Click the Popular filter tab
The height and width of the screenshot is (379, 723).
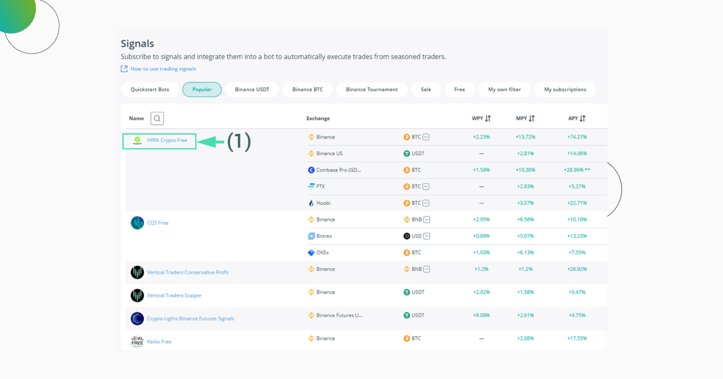coord(202,90)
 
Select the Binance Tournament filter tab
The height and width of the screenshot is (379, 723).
coord(372,90)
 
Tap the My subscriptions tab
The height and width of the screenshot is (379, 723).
coord(565,90)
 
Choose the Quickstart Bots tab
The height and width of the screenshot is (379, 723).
coord(150,90)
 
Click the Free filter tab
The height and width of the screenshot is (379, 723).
coord(459,90)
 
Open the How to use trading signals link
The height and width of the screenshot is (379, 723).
coord(163,69)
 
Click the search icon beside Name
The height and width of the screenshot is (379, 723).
coord(157,119)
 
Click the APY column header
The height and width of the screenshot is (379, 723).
coord(577,119)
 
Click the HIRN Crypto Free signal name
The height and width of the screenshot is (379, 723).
coord(167,141)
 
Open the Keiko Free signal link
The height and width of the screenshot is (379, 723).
coord(159,342)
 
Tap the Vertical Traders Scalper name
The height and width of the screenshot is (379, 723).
coord(174,295)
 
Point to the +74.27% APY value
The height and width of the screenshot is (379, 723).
coord(577,137)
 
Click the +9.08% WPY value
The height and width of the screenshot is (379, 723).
coord(481,315)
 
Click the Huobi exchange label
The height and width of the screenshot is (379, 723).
coord(323,203)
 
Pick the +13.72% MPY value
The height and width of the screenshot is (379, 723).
coord(525,137)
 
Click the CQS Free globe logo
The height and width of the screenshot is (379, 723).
coord(137,223)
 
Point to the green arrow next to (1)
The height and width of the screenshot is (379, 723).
coord(210,142)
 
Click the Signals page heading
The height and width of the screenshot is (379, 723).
coord(137,43)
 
